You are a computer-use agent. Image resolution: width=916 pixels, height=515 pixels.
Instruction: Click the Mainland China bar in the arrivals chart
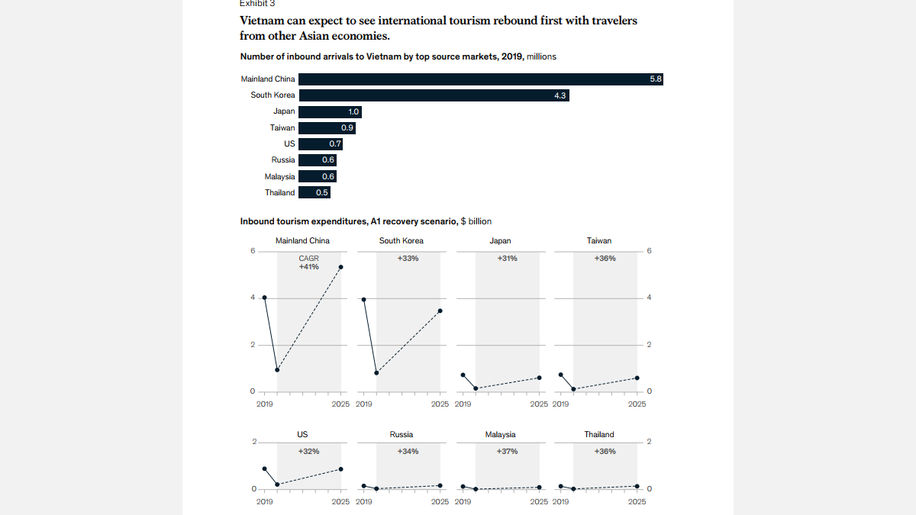tap(480, 79)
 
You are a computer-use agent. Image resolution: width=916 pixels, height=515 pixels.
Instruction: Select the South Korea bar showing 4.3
tap(434, 95)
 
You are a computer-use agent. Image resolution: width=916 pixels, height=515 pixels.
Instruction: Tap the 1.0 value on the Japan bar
tap(353, 112)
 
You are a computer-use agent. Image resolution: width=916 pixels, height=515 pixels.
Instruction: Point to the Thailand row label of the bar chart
tap(279, 193)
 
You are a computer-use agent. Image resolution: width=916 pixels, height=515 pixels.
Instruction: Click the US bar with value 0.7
tap(321, 144)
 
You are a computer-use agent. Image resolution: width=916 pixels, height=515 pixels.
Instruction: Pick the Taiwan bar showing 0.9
tap(327, 128)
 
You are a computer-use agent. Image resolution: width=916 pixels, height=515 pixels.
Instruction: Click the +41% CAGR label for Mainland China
tap(309, 267)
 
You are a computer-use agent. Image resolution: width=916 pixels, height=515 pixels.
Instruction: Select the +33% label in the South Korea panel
tap(408, 259)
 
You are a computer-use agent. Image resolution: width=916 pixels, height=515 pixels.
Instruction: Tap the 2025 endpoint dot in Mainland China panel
tap(340, 267)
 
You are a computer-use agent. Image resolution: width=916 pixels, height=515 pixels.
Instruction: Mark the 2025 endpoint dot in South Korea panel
tap(440, 311)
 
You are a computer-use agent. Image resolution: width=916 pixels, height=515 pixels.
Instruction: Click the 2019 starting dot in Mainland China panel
tap(264, 298)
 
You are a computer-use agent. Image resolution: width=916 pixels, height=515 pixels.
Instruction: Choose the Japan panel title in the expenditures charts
tap(500, 241)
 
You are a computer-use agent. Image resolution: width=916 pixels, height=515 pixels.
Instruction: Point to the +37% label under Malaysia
tap(507, 452)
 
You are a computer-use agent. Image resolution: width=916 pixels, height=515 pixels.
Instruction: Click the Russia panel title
tap(402, 435)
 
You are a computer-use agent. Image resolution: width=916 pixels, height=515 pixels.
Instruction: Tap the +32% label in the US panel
tap(309, 452)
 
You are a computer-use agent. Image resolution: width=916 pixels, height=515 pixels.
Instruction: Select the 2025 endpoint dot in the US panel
tap(340, 469)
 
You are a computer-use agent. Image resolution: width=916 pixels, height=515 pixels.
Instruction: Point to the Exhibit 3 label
tap(257, 4)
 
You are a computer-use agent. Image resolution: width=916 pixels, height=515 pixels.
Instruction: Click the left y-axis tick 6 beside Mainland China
tap(253, 251)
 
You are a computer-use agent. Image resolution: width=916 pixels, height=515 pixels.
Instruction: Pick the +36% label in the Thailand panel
tap(605, 452)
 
